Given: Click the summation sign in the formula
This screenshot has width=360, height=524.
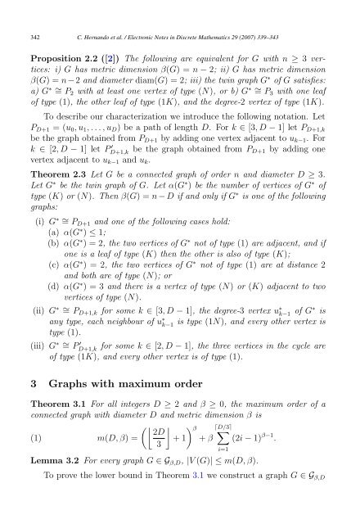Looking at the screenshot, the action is click(x=235, y=454).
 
